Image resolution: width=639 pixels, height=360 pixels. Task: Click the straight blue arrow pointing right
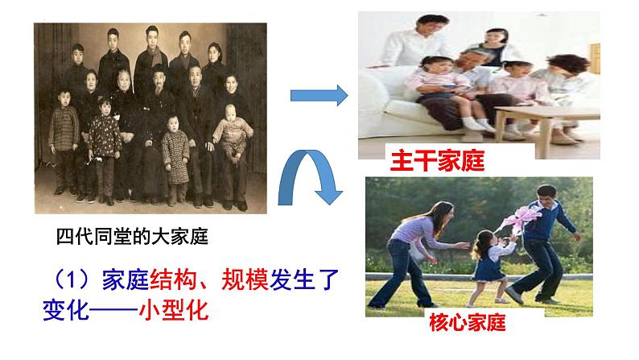(x=317, y=96)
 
